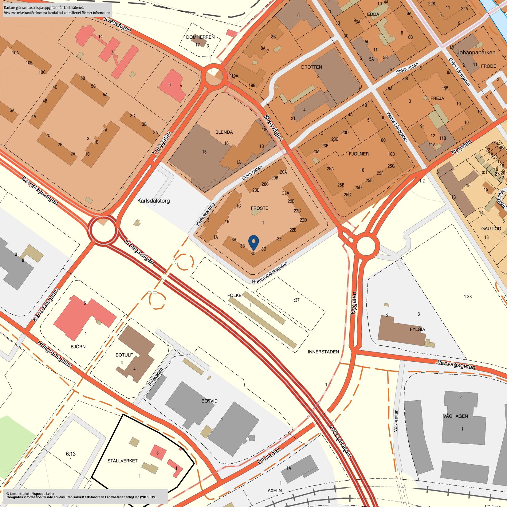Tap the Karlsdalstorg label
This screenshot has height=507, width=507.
[x=153, y=201]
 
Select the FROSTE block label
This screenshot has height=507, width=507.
[x=259, y=208]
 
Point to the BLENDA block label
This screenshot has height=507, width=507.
[x=224, y=132]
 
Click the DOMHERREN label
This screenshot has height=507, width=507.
[x=200, y=37]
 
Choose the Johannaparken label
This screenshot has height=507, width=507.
[x=476, y=53]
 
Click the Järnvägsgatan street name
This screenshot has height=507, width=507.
[x=455, y=365]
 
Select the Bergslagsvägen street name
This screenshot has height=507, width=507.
[x=40, y=191]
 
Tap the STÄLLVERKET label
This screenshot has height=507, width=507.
[x=123, y=461]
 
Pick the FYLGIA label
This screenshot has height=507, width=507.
[x=418, y=329]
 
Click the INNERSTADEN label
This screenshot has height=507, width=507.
[x=323, y=352]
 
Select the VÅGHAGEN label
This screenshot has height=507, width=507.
[x=456, y=416]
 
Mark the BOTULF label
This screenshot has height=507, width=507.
[x=124, y=355]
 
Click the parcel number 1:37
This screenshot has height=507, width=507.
[x=295, y=300]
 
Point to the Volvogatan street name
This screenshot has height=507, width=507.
[x=396, y=421]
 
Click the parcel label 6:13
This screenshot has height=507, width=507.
[x=71, y=454]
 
